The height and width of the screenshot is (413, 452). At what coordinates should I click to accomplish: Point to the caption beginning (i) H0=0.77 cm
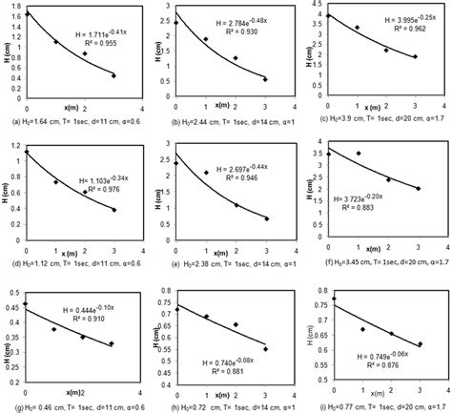click(x=379, y=406)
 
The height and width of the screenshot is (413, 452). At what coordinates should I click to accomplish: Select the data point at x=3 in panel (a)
click(x=113, y=75)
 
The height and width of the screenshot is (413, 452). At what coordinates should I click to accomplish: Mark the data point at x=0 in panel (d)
click(x=27, y=151)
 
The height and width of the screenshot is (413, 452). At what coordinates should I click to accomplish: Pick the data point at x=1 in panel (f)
click(x=358, y=153)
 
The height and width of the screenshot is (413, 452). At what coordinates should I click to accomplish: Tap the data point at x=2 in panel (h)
click(x=236, y=324)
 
